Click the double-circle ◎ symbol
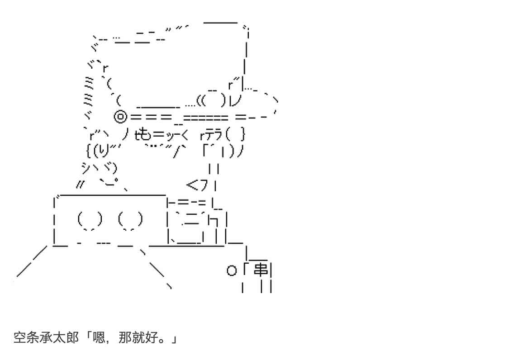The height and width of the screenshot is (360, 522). click(x=120, y=117)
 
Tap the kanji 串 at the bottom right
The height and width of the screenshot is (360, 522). click(x=261, y=270)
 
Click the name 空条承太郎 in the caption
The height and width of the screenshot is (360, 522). click(x=43, y=337)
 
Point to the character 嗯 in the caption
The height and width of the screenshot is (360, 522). click(x=100, y=337)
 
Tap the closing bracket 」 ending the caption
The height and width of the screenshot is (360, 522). click(x=173, y=337)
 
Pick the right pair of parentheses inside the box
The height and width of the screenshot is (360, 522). click(x=130, y=220)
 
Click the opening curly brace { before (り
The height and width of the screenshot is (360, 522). click(x=88, y=149)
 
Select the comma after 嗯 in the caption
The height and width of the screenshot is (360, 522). click(x=110, y=340)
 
